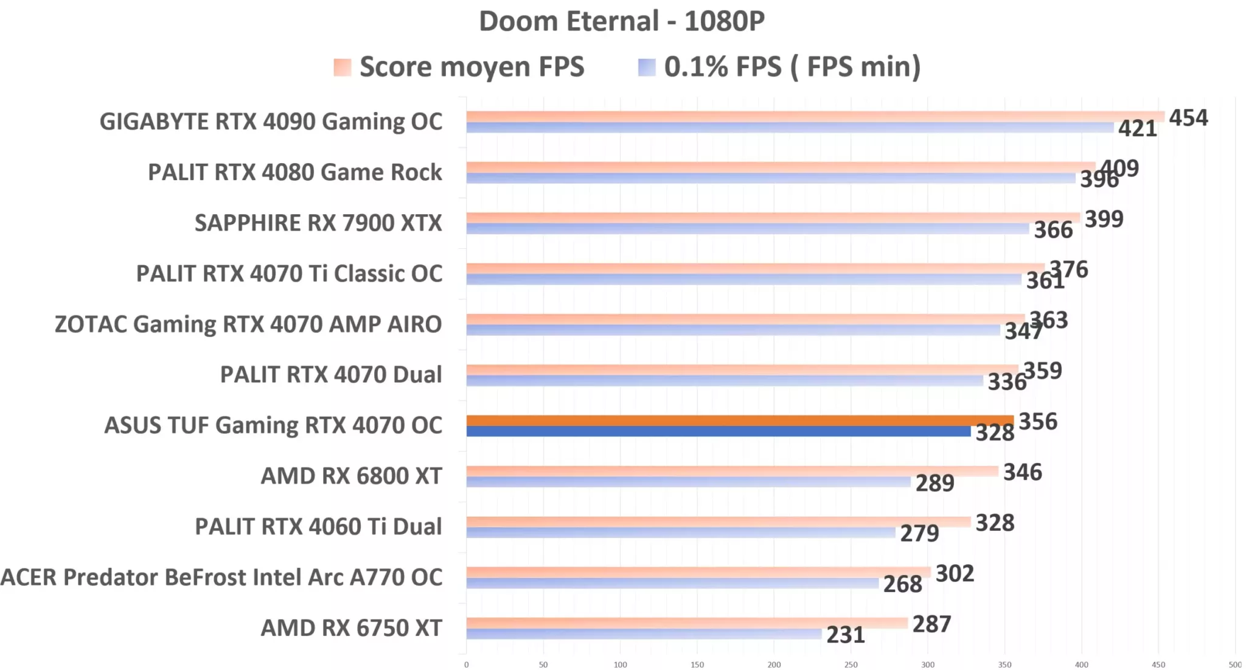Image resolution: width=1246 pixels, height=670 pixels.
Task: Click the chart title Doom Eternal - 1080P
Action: (621, 21)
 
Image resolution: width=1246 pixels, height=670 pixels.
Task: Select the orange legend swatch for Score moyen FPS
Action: (343, 67)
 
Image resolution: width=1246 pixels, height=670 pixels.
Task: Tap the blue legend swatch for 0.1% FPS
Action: (647, 67)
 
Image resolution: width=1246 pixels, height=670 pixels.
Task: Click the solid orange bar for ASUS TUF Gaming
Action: (739, 420)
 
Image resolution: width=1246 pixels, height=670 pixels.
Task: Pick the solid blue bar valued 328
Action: (718, 431)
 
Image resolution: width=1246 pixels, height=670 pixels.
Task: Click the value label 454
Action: (1188, 117)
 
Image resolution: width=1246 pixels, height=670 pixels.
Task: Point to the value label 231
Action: (845, 635)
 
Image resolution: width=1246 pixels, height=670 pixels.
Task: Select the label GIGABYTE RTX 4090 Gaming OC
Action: (271, 122)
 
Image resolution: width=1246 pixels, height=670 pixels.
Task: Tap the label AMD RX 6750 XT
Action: (351, 627)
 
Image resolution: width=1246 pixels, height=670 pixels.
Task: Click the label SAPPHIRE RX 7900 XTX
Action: (318, 223)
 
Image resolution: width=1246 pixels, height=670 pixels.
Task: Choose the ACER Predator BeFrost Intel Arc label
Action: (221, 577)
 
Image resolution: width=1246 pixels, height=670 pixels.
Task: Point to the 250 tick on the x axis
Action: (851, 665)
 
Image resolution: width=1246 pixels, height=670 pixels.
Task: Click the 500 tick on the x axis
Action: (1234, 665)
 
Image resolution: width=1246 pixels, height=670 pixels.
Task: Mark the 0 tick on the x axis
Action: (467, 665)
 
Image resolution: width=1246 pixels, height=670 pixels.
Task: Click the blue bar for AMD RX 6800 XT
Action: (687, 482)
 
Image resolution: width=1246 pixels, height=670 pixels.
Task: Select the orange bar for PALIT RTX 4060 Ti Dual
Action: (718, 522)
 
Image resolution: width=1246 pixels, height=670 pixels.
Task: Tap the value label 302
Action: (955, 573)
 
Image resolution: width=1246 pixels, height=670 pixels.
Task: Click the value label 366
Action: (1053, 229)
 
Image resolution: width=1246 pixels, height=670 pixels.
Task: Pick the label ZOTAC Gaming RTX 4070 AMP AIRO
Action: (248, 324)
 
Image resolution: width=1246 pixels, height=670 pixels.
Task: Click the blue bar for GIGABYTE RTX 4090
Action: (790, 128)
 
